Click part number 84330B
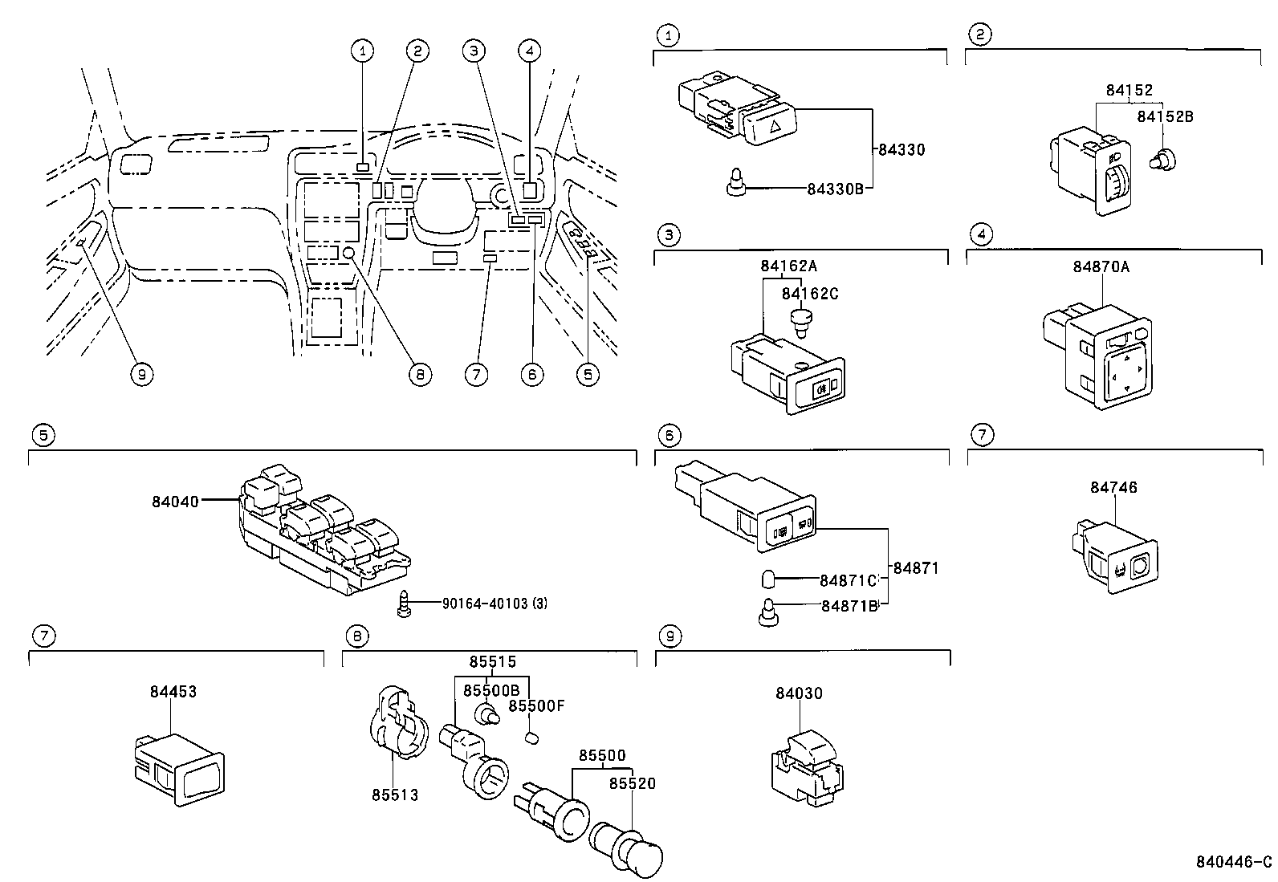[x=835, y=189]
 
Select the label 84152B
[x=1165, y=117]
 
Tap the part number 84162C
[x=810, y=294]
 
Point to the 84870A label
[x=1101, y=266]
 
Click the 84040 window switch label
[x=174, y=502]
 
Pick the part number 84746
[x=1113, y=487]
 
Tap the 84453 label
[x=173, y=691]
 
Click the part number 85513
[x=395, y=795]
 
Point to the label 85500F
[x=537, y=705]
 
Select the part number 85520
[x=632, y=783]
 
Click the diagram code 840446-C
[x=1232, y=863]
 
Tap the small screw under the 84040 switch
[x=405, y=604]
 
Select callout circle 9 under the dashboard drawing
[x=141, y=373]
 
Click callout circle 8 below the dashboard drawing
[x=419, y=373]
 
